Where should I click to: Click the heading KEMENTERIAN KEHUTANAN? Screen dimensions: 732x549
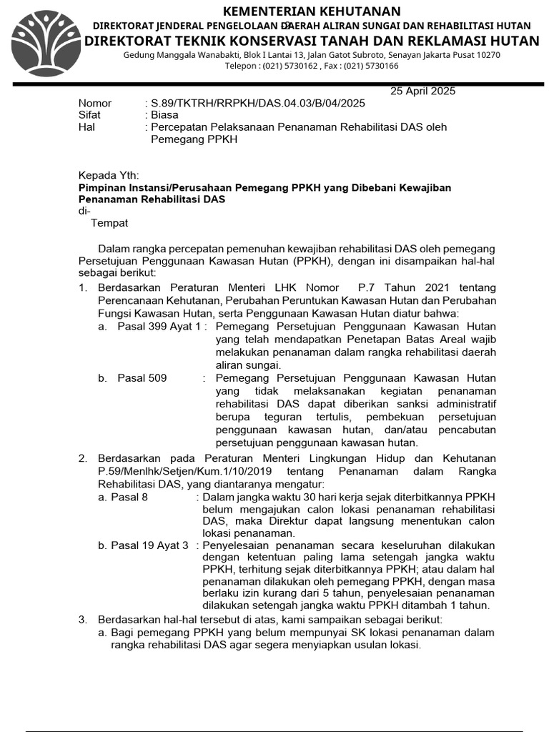[x=312, y=11]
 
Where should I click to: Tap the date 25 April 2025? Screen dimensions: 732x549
[x=422, y=91]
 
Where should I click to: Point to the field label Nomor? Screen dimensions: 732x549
[x=94, y=103]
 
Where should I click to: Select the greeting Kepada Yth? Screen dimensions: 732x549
[x=109, y=176]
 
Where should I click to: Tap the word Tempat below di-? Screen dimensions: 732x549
[x=109, y=223]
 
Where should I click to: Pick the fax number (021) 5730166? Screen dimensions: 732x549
[x=370, y=66]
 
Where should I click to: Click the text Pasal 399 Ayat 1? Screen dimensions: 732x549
[x=159, y=326]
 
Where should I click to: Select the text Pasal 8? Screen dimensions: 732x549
[x=129, y=496]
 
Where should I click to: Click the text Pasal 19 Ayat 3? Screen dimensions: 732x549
[x=149, y=545]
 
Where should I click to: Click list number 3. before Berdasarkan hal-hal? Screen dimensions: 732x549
[x=83, y=618]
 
